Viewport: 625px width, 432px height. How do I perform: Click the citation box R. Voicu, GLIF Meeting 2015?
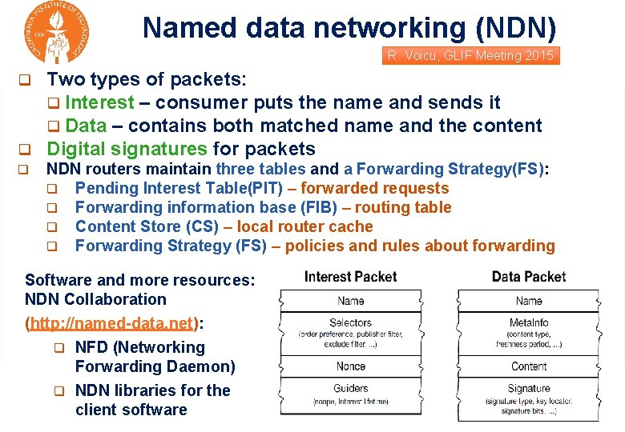[x=470, y=56]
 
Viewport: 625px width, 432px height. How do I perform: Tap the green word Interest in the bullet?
[x=99, y=102]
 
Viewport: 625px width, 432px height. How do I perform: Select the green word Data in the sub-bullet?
[x=86, y=126]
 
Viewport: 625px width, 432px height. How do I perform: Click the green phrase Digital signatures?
[x=127, y=149]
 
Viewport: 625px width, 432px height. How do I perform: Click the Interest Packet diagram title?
[x=350, y=277]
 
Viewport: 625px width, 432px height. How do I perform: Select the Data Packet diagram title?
[x=528, y=277]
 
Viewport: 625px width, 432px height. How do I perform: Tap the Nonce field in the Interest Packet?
[x=350, y=366]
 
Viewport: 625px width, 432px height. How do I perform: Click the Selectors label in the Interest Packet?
[x=350, y=322]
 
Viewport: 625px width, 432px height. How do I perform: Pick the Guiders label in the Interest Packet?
[x=350, y=388]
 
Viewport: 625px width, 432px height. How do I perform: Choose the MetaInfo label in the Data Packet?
[x=528, y=322]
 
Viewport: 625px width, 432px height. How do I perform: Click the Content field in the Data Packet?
[x=528, y=366]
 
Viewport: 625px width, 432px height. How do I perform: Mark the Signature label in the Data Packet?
[x=528, y=388]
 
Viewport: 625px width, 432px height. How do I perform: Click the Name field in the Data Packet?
[x=528, y=301]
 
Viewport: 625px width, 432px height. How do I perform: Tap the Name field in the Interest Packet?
[x=350, y=301]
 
